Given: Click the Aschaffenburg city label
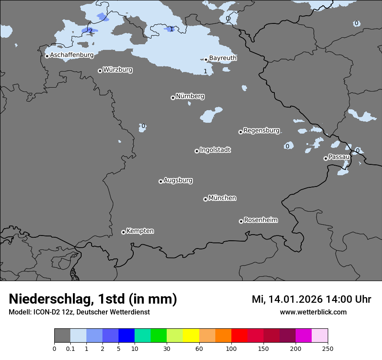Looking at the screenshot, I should (72, 55).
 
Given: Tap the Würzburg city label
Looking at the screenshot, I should (118, 70).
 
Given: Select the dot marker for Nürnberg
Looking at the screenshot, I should (173, 98).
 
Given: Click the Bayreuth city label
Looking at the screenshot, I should (223, 58).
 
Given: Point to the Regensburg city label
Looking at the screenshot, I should (261, 131).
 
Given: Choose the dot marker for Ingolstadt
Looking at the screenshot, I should (197, 151).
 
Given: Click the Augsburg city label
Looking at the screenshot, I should (178, 180).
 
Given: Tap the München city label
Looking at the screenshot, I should (222, 198).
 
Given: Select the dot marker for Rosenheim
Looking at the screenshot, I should (241, 221).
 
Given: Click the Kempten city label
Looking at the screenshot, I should (140, 231).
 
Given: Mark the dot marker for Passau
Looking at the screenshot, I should (326, 158).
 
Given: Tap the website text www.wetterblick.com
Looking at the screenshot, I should (313, 312).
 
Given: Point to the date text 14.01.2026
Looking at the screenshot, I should (295, 299).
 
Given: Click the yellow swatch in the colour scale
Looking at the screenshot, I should (191, 336).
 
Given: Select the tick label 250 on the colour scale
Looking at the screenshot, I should (328, 348).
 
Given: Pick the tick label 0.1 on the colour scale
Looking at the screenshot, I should (70, 348).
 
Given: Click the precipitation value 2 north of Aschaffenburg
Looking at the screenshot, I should (90, 31).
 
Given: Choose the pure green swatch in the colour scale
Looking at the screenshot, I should (159, 336).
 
